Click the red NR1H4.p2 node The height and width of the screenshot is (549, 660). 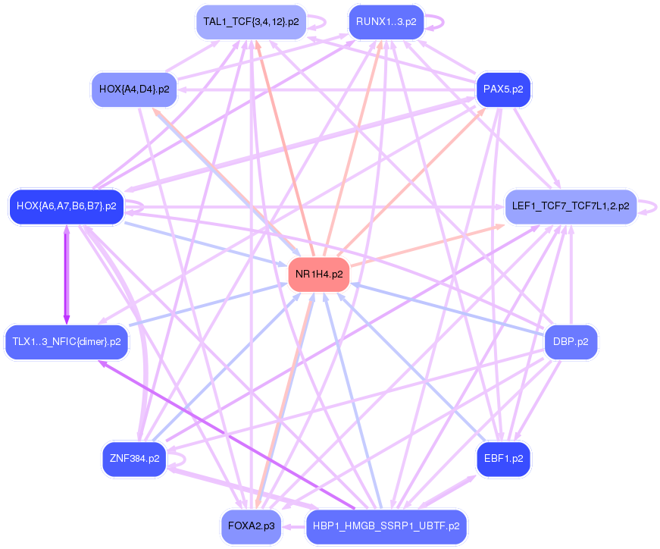coord(318,274)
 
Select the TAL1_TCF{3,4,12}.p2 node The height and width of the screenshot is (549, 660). coord(250,22)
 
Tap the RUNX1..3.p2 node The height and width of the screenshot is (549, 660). coord(386,22)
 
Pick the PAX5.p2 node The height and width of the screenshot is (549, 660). coord(503,89)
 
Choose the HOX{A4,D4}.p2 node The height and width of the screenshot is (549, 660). coord(133,89)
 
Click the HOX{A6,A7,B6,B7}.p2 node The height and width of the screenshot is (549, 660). coord(66,206)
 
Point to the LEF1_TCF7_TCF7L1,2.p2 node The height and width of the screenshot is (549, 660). coord(571,206)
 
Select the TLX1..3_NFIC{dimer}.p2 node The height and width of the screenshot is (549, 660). coord(67,342)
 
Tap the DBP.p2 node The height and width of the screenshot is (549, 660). coord(571,342)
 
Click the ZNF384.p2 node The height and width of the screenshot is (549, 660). coord(133,459)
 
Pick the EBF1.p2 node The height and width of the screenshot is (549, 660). coord(503,459)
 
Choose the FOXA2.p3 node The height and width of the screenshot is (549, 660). coord(251,525)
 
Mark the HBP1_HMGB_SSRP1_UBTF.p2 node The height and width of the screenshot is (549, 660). coord(386,525)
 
